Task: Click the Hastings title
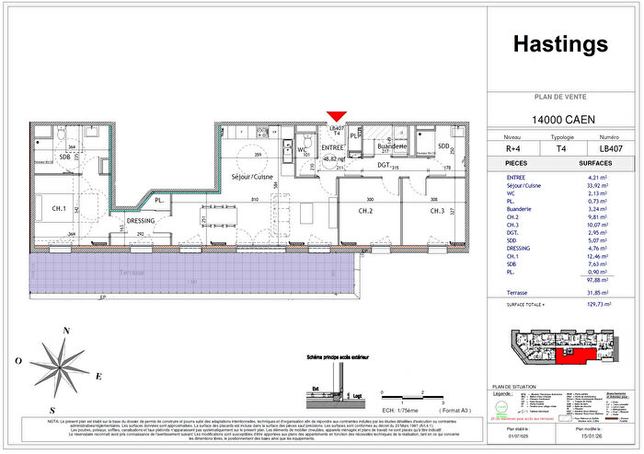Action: click(561, 44)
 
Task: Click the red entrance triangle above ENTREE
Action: click(337, 115)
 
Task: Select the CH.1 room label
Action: click(60, 209)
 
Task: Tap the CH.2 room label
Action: click(365, 212)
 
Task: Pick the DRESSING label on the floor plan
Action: click(141, 221)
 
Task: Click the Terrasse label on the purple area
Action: click(136, 273)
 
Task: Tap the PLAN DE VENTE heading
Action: click(561, 96)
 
